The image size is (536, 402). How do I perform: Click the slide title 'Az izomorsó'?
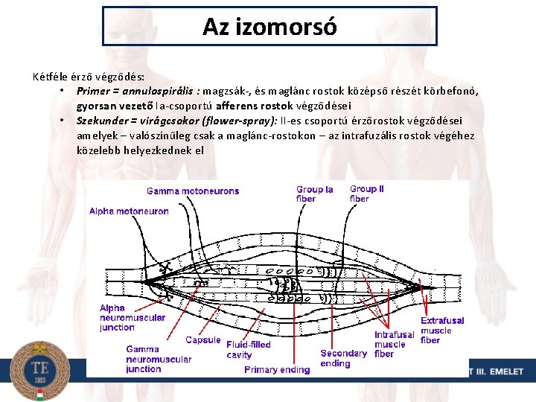coord(269,27)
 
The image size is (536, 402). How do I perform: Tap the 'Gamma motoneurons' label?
coord(193,191)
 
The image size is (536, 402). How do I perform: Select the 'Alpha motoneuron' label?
coord(129,211)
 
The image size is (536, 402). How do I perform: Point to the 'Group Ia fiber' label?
coord(315,194)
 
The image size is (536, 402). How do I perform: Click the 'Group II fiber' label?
coord(367,194)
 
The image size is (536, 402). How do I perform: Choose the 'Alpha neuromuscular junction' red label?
coord(133,318)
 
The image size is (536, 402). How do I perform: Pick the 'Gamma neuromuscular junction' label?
coord(158,359)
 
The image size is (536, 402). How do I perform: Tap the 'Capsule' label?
coord(202,340)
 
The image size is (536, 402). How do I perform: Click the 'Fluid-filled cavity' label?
coord(249,350)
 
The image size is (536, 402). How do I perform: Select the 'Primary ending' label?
coord(277,369)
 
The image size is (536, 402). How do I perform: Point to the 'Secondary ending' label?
coord(343,358)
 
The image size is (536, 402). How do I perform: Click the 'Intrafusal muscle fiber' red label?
coord(394,344)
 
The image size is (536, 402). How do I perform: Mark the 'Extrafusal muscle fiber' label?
coord(441,331)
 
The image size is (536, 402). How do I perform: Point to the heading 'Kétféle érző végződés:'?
coord(89,76)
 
